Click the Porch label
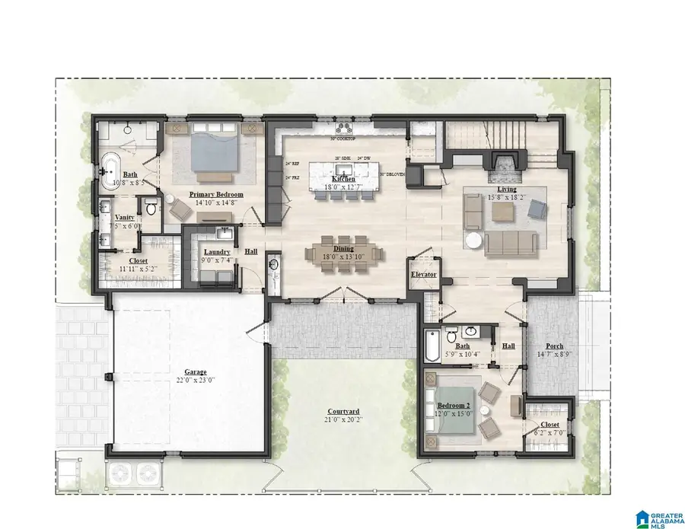point(554,346)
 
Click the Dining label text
point(344,248)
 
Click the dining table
point(344,253)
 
